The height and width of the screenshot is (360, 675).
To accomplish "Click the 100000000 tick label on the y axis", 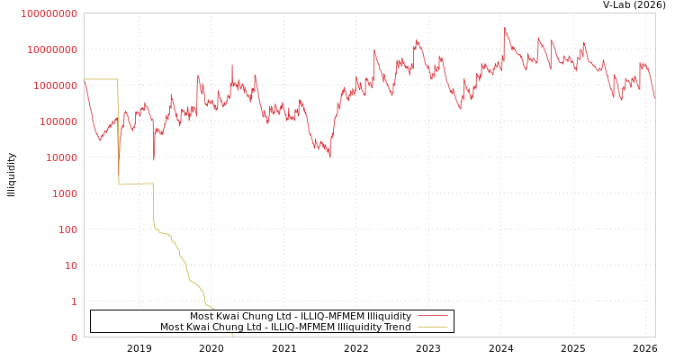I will [49, 13].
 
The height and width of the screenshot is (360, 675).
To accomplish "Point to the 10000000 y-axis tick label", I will [51, 49].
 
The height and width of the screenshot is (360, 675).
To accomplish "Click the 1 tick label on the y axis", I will [74, 301].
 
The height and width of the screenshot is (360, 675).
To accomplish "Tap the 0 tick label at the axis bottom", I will [74, 337].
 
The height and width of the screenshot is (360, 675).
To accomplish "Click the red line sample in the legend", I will [432, 317].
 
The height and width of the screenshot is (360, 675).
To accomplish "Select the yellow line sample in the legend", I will [432, 328].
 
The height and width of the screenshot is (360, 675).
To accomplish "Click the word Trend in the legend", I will [396, 328].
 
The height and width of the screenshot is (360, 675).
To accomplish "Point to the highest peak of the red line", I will [505, 28].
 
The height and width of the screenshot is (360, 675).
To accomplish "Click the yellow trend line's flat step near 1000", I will [135, 184].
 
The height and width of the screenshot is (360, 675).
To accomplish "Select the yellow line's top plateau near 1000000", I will [101, 79].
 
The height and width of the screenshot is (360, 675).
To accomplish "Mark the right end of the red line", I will [654, 97].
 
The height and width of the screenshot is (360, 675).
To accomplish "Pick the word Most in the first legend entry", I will [202, 317].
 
